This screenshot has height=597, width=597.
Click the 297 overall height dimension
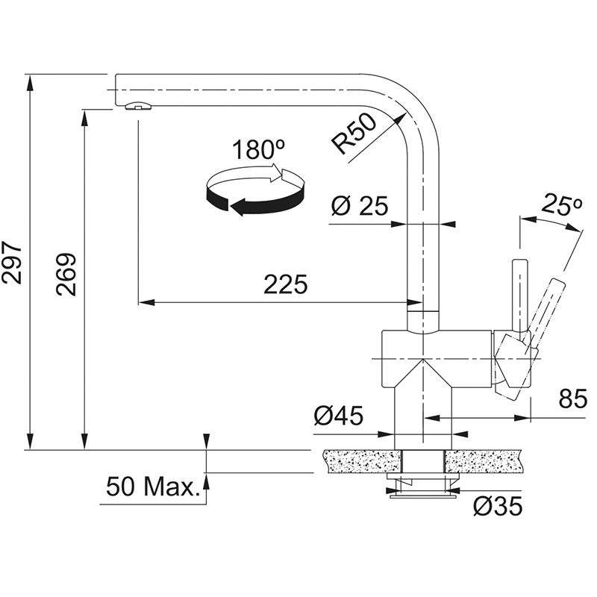click(x=12, y=262)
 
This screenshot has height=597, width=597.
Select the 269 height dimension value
click(x=66, y=274)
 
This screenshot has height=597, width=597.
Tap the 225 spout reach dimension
click(x=286, y=284)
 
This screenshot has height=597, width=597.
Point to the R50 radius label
click(x=354, y=134)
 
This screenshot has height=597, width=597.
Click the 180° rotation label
click(x=258, y=149)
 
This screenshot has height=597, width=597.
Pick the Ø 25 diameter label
click(x=360, y=206)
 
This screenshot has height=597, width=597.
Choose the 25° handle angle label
click(x=562, y=204)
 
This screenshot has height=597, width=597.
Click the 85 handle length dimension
click(x=573, y=399)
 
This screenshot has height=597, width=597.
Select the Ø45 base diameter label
click(x=339, y=416)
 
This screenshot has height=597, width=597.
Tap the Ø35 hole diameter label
click(x=498, y=507)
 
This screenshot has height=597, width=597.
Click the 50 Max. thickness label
click(x=153, y=487)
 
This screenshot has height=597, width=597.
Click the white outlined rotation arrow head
click(x=276, y=172)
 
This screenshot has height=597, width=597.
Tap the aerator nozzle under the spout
click(x=138, y=106)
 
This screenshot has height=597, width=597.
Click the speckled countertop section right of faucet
click(x=482, y=461)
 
